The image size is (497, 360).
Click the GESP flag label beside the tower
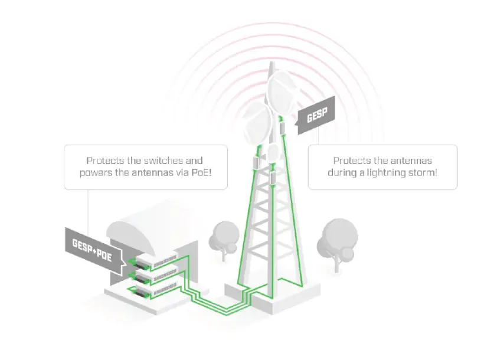[318, 114]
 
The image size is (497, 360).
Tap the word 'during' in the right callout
[345, 172]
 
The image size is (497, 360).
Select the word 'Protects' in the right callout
[352, 161]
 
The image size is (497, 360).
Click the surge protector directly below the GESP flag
[283, 127]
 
